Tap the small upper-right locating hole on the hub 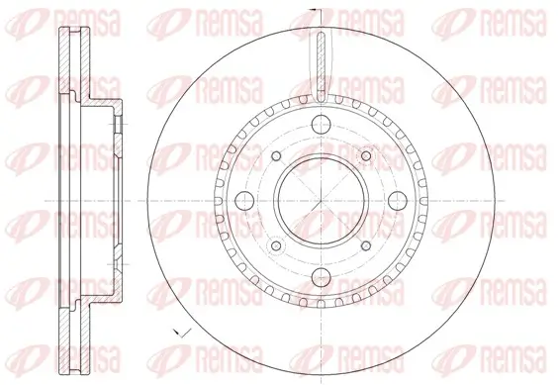(x=367, y=155)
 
